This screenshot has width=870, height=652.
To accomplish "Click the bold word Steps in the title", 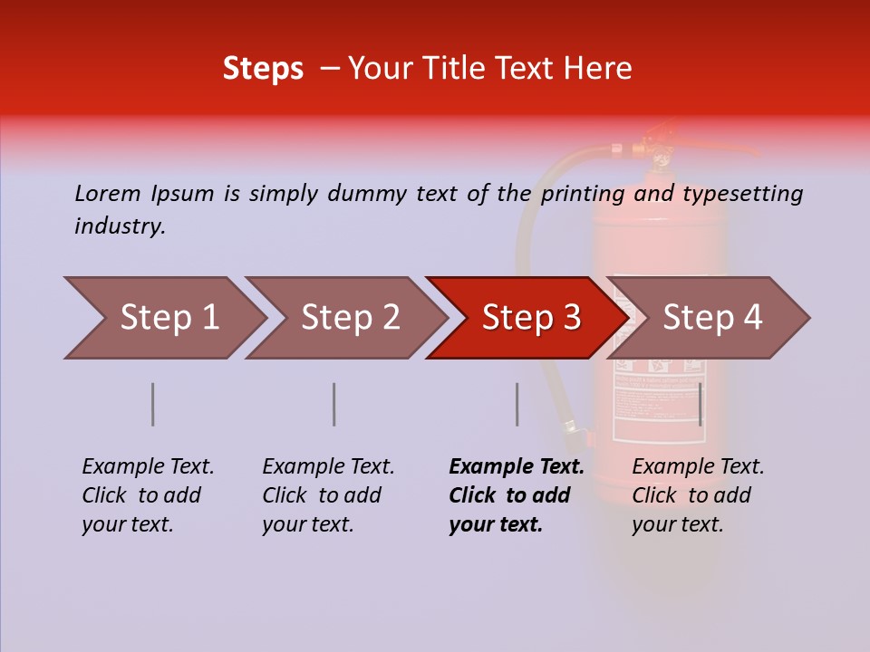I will pos(263,69).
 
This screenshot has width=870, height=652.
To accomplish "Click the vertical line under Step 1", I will pos(153,404).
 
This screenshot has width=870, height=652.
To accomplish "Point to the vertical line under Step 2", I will pos(334,404).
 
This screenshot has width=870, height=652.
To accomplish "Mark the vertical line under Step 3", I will pos(517,404).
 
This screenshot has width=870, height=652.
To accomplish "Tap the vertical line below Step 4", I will pos(701,404).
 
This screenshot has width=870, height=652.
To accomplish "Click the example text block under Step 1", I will pos(148,495).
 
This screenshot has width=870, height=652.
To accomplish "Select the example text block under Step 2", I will pos(328,495).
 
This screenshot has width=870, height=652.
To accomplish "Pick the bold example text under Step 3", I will pos(517,495).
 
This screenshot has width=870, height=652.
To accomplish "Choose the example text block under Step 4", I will pos(698,495).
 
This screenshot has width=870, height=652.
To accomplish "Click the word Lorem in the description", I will pos(108,193).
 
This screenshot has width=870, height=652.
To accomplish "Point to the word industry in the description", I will pos(120,226).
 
